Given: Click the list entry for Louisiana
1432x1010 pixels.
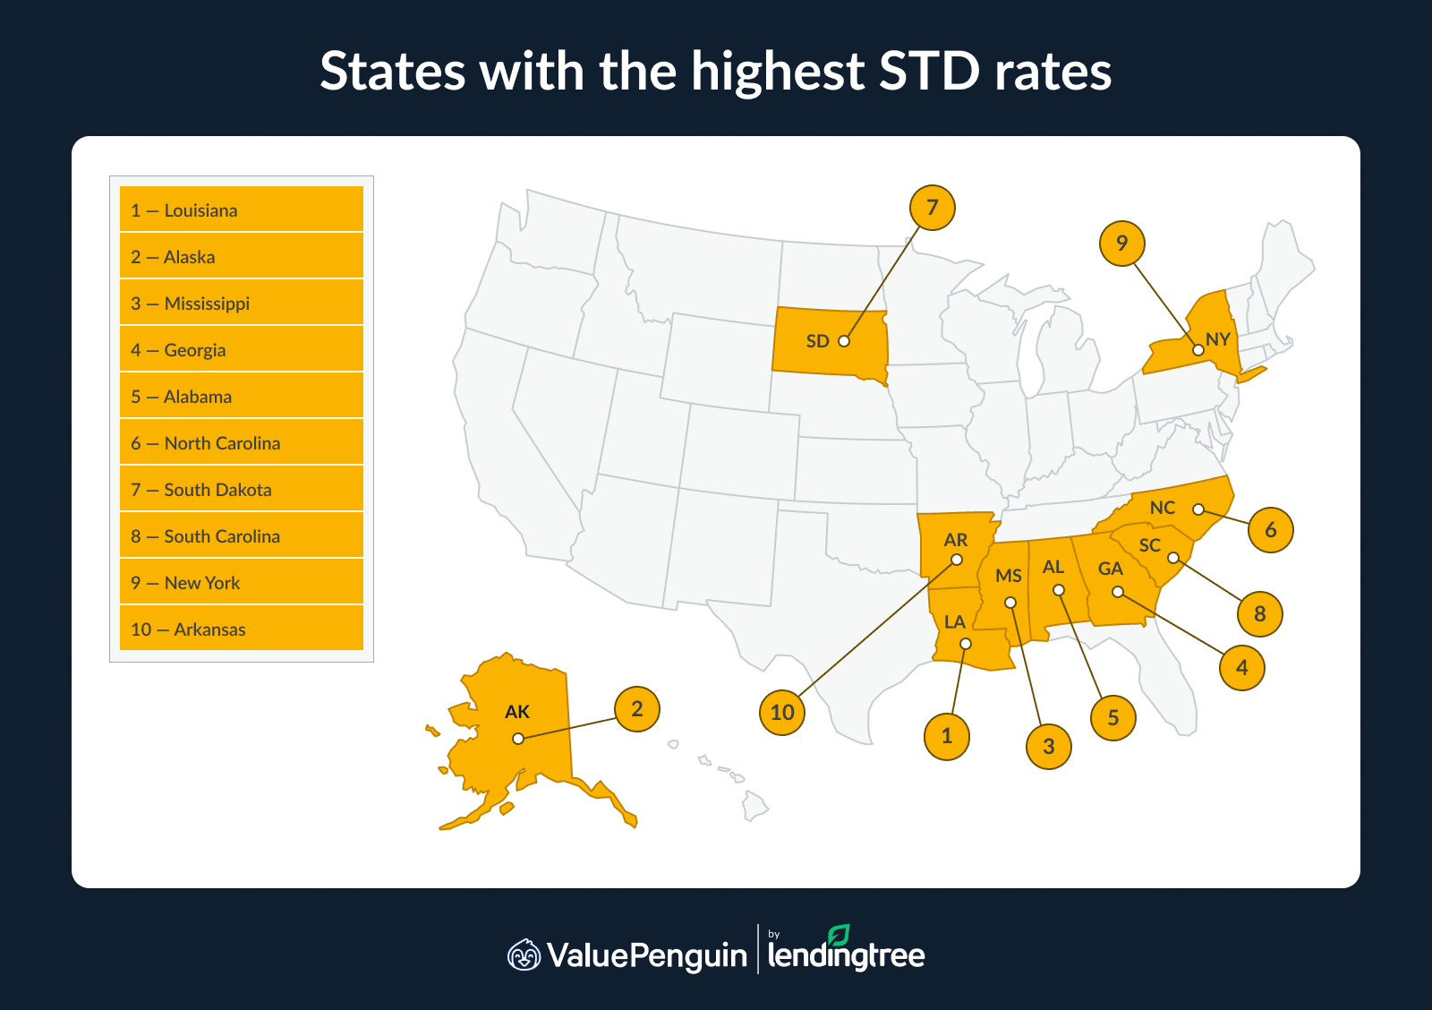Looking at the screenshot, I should pyautogui.click(x=241, y=210).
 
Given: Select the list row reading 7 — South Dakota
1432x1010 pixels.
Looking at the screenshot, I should pyautogui.click(x=241, y=490).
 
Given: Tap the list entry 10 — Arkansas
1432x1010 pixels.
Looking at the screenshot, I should pyautogui.click(x=241, y=629).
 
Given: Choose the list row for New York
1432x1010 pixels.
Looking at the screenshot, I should pyautogui.click(x=241, y=583).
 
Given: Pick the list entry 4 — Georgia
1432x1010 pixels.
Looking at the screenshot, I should pyautogui.click(x=241, y=350).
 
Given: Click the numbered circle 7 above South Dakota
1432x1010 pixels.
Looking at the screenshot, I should pyautogui.click(x=932, y=208).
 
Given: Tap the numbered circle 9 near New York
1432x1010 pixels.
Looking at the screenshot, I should pyautogui.click(x=1121, y=244).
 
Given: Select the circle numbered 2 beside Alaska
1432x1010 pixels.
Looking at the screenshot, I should pyautogui.click(x=636, y=709).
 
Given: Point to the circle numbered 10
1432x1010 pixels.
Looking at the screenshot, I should pyautogui.click(x=782, y=713).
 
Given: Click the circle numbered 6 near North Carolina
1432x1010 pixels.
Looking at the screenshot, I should pyautogui.click(x=1270, y=530).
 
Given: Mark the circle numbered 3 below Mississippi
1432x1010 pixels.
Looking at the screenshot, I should pyautogui.click(x=1049, y=747).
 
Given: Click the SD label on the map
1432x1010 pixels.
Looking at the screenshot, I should pyautogui.click(x=817, y=341).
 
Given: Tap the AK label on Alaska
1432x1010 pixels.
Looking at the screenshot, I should pyautogui.click(x=517, y=712).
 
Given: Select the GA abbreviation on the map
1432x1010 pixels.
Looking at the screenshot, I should pyautogui.click(x=1110, y=569).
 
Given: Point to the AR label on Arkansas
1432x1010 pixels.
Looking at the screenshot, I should pyautogui.click(x=955, y=540).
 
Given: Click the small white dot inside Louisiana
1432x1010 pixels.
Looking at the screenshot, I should pyautogui.click(x=965, y=644).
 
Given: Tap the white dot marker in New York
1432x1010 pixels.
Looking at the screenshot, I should pyautogui.click(x=1198, y=350).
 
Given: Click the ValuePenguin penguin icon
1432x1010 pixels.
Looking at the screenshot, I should pyautogui.click(x=524, y=955).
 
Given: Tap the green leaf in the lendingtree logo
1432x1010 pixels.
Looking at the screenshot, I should pyautogui.click(x=839, y=936).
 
